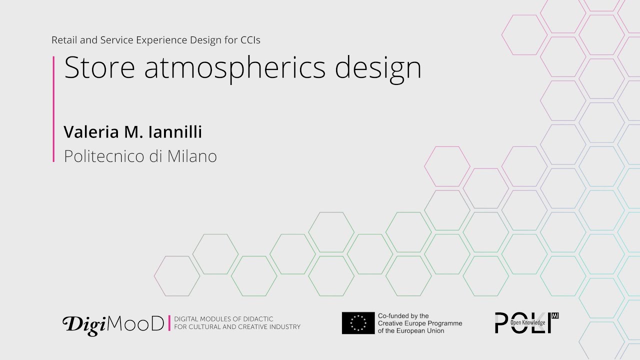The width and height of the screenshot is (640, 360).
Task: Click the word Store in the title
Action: [99, 68]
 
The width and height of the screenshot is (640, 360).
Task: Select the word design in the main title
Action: [378, 68]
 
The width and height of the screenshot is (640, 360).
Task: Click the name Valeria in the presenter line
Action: [90, 132]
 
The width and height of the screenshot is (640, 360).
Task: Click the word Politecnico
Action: [104, 156]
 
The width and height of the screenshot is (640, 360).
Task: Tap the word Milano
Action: [192, 156]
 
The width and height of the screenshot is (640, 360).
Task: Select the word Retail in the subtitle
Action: [63, 40]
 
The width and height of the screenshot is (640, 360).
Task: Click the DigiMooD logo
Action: [113, 324]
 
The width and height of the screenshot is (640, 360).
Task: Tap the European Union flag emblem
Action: [358, 323]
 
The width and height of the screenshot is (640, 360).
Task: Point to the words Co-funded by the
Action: [403, 316]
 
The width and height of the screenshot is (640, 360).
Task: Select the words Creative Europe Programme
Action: [420, 323]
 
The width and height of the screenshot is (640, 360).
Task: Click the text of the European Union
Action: [411, 330]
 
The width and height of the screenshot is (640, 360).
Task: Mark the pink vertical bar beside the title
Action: [53, 109]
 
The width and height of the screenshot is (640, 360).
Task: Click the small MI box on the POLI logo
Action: [554, 315]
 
